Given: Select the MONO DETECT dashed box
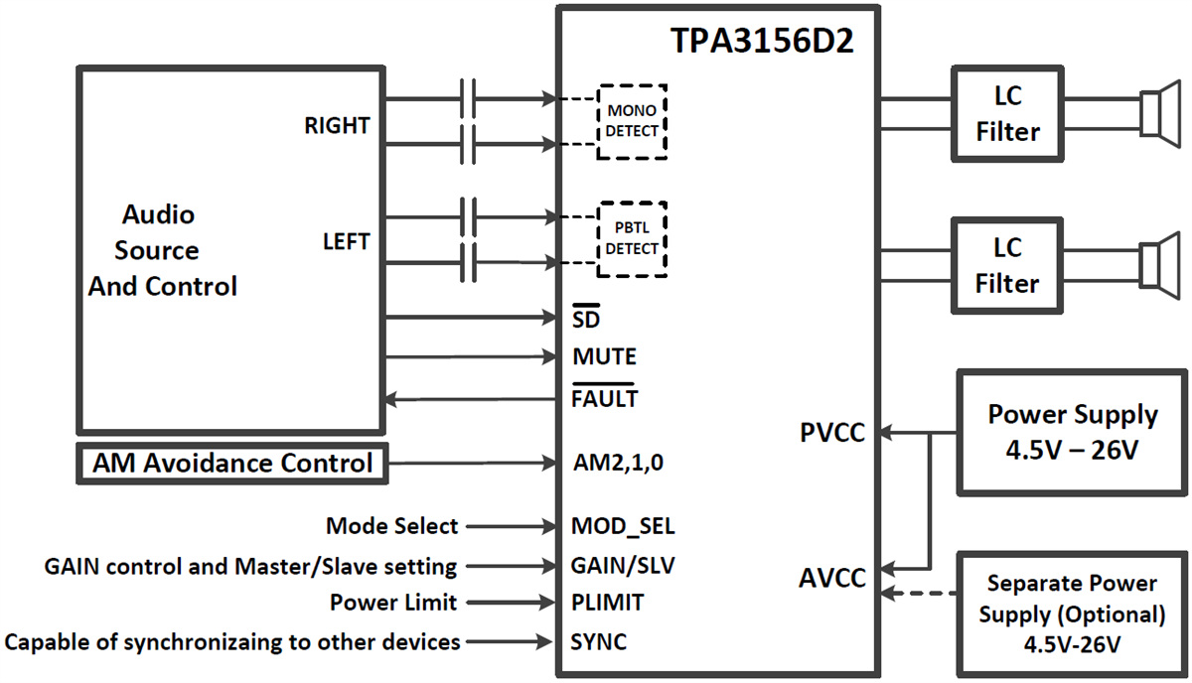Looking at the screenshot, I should coord(632,122).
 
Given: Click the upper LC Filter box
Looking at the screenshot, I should coord(1006,114).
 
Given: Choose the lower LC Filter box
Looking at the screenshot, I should coord(1006,265).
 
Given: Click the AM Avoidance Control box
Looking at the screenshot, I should coord(232,463).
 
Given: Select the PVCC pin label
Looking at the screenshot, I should coord(832,434).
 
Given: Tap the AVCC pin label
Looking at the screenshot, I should coord(832,578).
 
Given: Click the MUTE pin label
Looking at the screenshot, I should coord(605,356).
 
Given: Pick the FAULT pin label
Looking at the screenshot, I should coord(605,399).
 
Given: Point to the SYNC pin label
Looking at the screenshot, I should coord(599,642).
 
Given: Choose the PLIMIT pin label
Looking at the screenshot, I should coord(608,603).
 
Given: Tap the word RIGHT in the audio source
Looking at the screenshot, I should coord(337,126).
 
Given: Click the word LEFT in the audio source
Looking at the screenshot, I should coord(346,242).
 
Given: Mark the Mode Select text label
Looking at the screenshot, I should coord(391,526).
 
